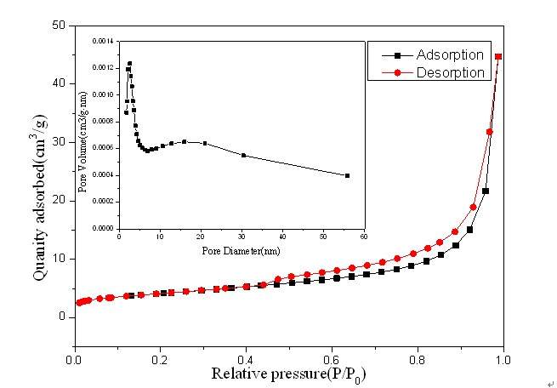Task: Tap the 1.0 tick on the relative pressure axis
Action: [x=503, y=359]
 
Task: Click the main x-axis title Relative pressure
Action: [x=289, y=374]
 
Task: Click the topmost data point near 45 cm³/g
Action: [x=498, y=57]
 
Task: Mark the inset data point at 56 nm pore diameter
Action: [x=348, y=175]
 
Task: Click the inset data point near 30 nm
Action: [x=244, y=155]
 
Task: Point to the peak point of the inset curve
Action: [x=129, y=63]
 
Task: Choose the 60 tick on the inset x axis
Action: [x=364, y=237]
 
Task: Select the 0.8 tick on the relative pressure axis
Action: [x=417, y=359]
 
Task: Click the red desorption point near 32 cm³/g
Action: [x=489, y=132]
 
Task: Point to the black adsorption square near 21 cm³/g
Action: [x=486, y=191]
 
